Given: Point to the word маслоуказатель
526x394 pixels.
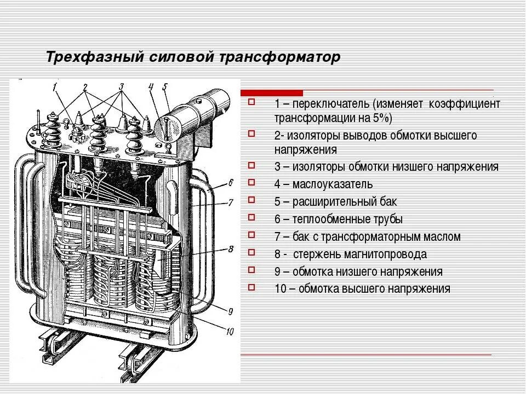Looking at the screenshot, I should pyautogui.click(x=333, y=184).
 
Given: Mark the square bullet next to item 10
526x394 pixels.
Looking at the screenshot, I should pyautogui.click(x=251, y=286).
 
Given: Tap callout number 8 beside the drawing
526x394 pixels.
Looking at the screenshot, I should pyautogui.click(x=231, y=250).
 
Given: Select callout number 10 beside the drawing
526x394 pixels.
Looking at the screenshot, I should pyautogui.click(x=230, y=330).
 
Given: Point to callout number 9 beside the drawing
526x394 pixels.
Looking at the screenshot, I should pyautogui.click(x=230, y=311).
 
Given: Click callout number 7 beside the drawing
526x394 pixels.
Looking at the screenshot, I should pyautogui.click(x=231, y=202).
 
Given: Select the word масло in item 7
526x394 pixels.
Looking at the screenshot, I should pyautogui.click(x=442, y=237).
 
